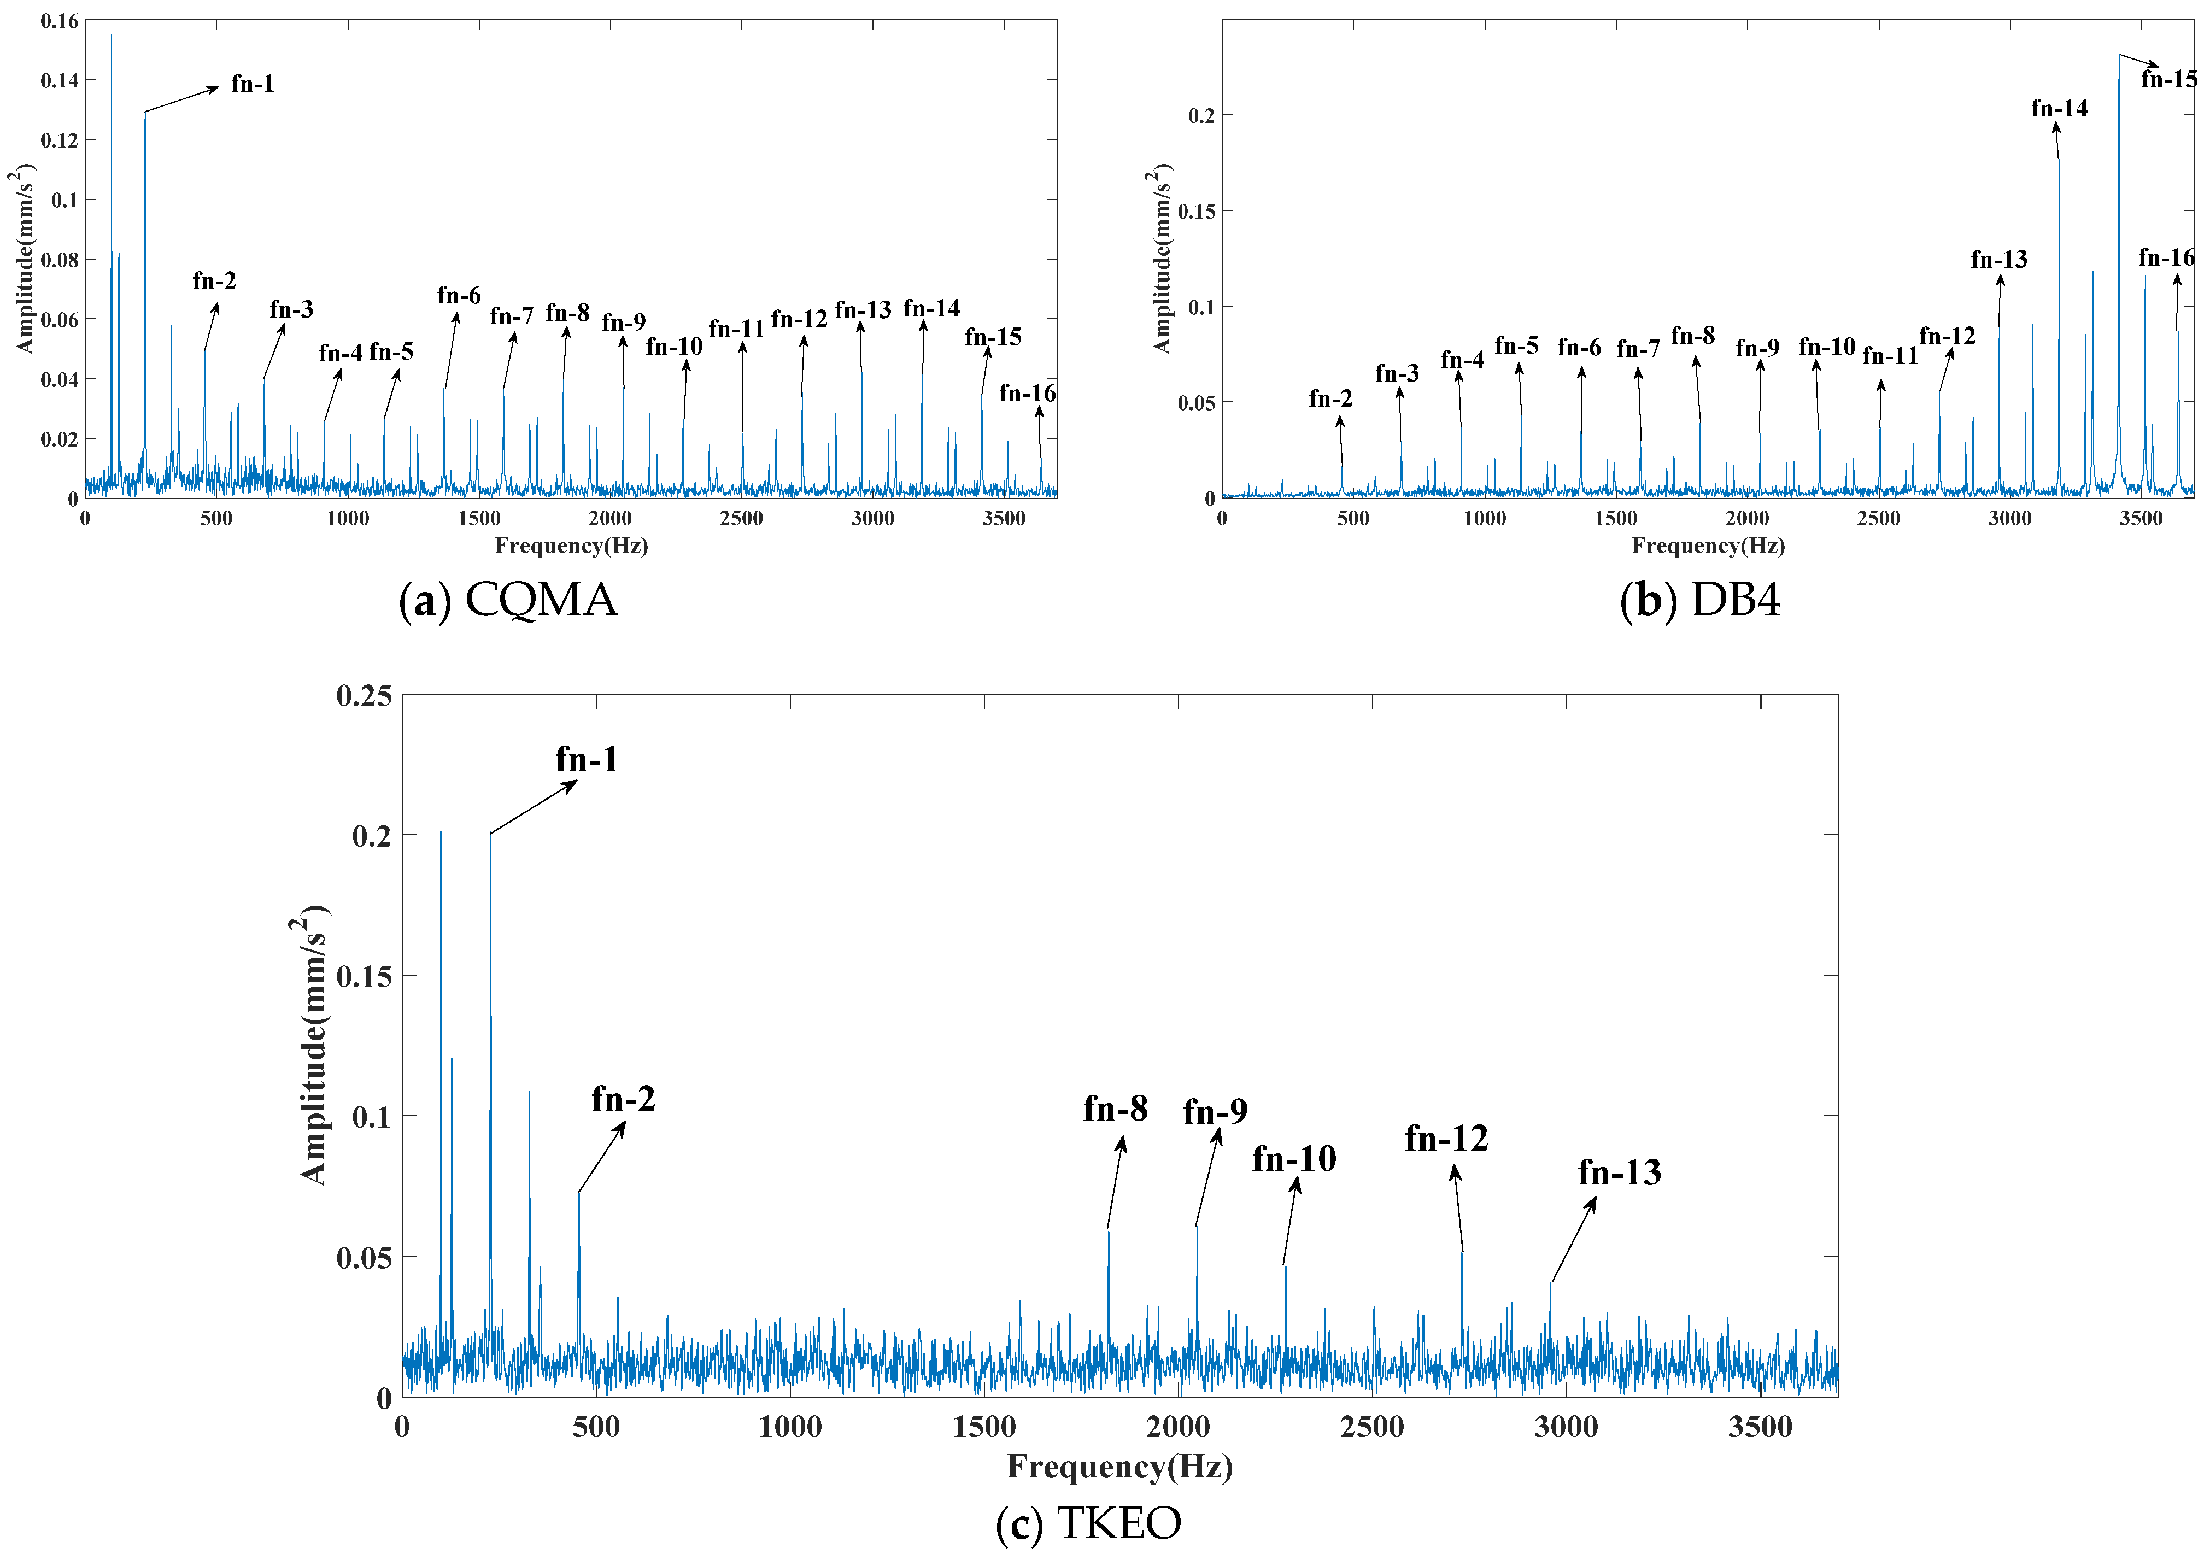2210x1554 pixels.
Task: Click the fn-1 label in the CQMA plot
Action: pyautogui.click(x=252, y=84)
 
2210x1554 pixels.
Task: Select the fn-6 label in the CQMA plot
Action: pyautogui.click(x=458, y=295)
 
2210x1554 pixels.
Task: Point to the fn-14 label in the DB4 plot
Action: pyautogui.click(x=2059, y=109)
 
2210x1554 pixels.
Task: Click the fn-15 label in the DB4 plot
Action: pyautogui.click(x=2168, y=80)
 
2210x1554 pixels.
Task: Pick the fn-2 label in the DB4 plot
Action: pyautogui.click(x=1330, y=398)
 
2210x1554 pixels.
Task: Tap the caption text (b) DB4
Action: pyautogui.click(x=1700, y=600)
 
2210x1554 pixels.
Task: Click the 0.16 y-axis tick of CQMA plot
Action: pyautogui.click(x=60, y=21)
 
